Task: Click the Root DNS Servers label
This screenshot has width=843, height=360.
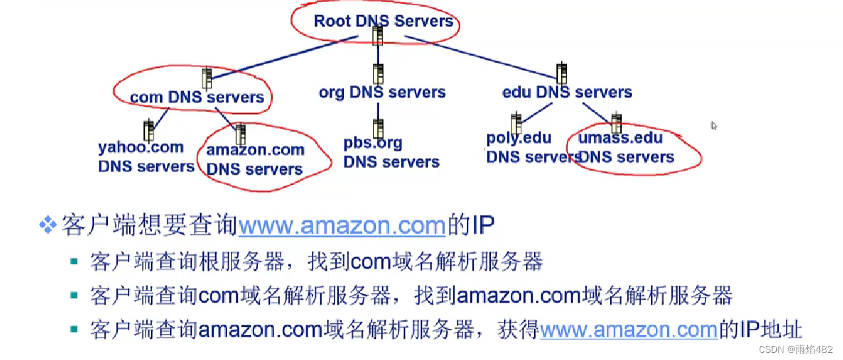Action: click(x=383, y=21)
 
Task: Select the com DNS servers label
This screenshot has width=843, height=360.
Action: click(x=197, y=97)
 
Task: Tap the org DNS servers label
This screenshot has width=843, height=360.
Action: click(x=382, y=92)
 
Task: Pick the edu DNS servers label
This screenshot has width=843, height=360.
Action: click(x=567, y=92)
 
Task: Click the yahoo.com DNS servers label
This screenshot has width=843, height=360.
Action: click(x=146, y=157)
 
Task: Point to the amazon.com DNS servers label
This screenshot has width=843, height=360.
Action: click(x=255, y=159)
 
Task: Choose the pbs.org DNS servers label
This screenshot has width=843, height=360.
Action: click(x=391, y=152)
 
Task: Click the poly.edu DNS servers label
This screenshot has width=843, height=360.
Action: click(x=531, y=148)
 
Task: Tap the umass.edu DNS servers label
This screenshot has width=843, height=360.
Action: click(x=626, y=148)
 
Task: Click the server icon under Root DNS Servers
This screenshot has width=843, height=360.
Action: click(x=378, y=36)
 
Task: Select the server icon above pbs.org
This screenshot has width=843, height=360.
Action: click(x=378, y=128)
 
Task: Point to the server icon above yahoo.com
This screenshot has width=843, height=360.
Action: click(x=148, y=130)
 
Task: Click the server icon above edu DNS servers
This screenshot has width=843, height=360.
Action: click(x=562, y=73)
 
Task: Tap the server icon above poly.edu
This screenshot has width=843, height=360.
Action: click(x=516, y=123)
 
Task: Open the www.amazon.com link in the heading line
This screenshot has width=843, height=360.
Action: click(x=341, y=226)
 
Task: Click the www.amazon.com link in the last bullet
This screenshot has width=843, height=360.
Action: click(x=629, y=329)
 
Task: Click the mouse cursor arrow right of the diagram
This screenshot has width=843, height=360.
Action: click(x=714, y=125)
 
